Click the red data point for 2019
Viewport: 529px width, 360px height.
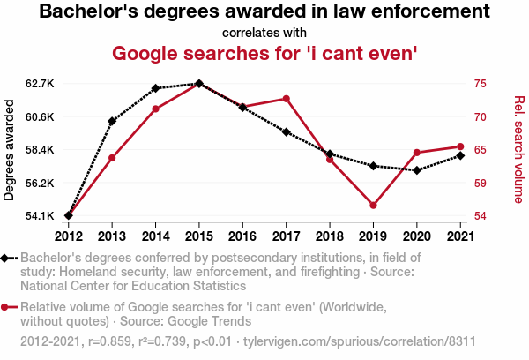tap(373, 206)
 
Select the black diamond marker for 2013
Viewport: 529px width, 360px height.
tap(112, 121)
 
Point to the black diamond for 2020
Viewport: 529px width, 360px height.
tap(416, 170)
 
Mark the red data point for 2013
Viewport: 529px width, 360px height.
tap(112, 158)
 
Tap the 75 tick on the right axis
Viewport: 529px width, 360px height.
tap(481, 84)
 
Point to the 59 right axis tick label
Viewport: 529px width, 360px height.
tap(481, 184)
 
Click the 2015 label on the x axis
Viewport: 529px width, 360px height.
tap(199, 236)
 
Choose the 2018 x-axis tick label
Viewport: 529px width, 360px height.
tap(330, 236)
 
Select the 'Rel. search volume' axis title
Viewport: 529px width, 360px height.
tap(518, 150)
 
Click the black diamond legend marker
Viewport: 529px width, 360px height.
tap(7, 258)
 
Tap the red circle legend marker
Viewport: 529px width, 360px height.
tap(7, 307)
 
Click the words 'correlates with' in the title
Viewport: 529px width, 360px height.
tap(264, 33)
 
